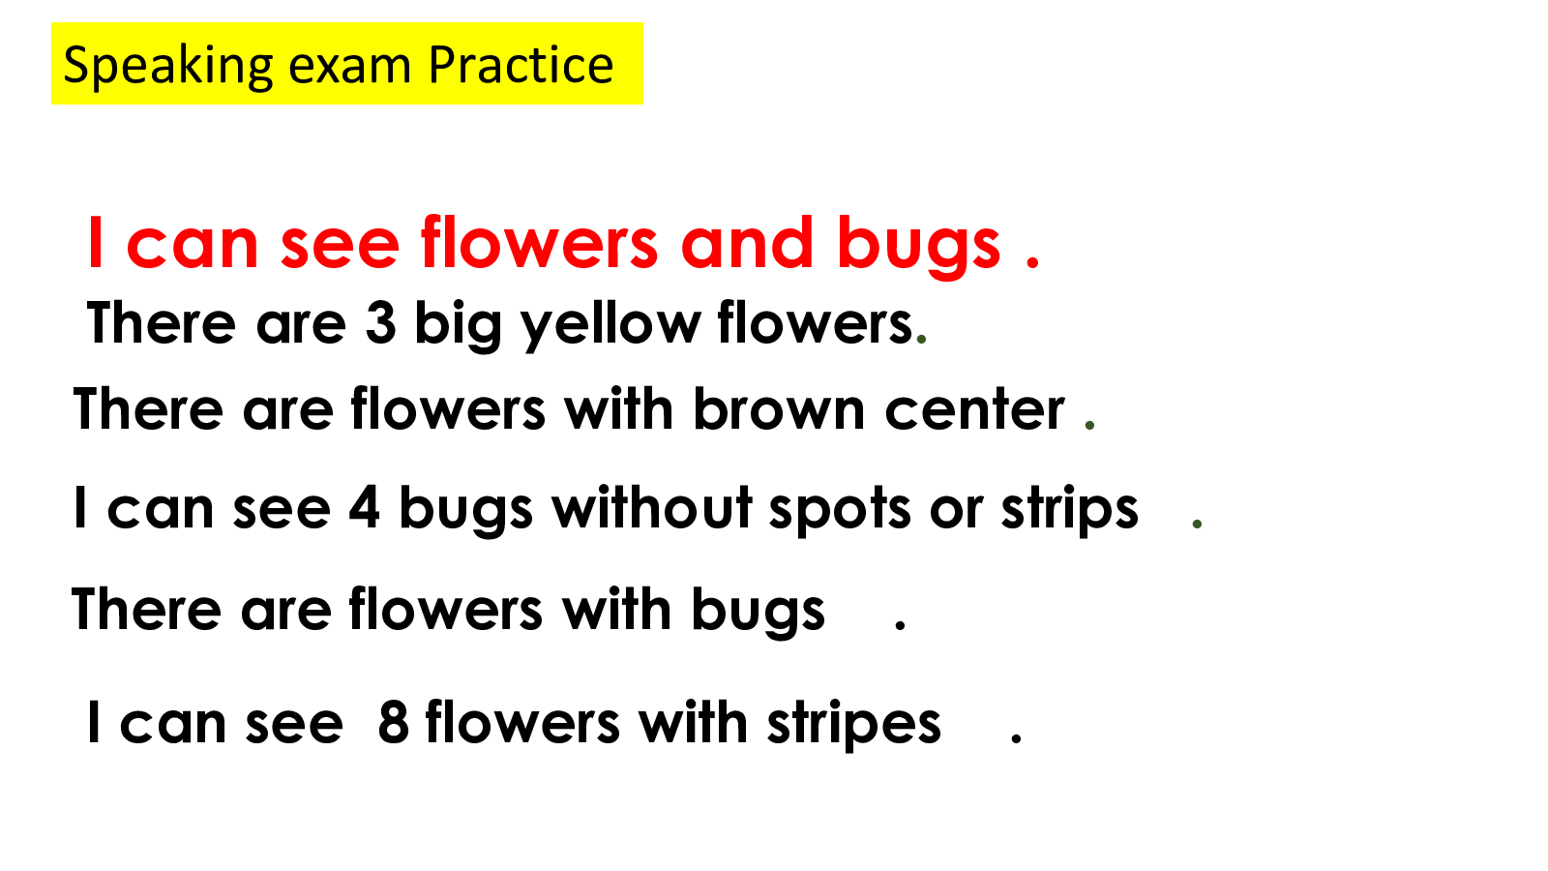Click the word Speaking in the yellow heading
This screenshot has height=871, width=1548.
[x=168, y=67]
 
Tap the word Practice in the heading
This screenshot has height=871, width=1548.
[x=521, y=65]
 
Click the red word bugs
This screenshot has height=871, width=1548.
[x=918, y=247]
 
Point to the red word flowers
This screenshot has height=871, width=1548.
[x=539, y=241]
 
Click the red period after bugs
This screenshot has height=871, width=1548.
[x=1032, y=261]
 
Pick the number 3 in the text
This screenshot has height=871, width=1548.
[x=381, y=322]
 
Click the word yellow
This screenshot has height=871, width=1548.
[x=610, y=325]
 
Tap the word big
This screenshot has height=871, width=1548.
[x=458, y=325]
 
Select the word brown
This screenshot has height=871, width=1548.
[x=779, y=407]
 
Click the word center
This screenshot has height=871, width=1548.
[x=974, y=411]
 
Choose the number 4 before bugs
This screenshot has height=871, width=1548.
[x=364, y=507]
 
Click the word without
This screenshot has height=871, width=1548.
[x=652, y=507]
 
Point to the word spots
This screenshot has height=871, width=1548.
[x=840, y=512]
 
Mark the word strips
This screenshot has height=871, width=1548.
[x=1069, y=511]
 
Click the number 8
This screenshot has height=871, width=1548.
[x=393, y=722]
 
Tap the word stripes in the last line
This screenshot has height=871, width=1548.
[x=853, y=726]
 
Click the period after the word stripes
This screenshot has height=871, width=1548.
[x=1016, y=737]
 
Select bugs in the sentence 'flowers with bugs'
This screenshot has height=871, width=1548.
[x=759, y=613]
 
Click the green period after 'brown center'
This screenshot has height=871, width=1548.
[x=1089, y=425]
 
